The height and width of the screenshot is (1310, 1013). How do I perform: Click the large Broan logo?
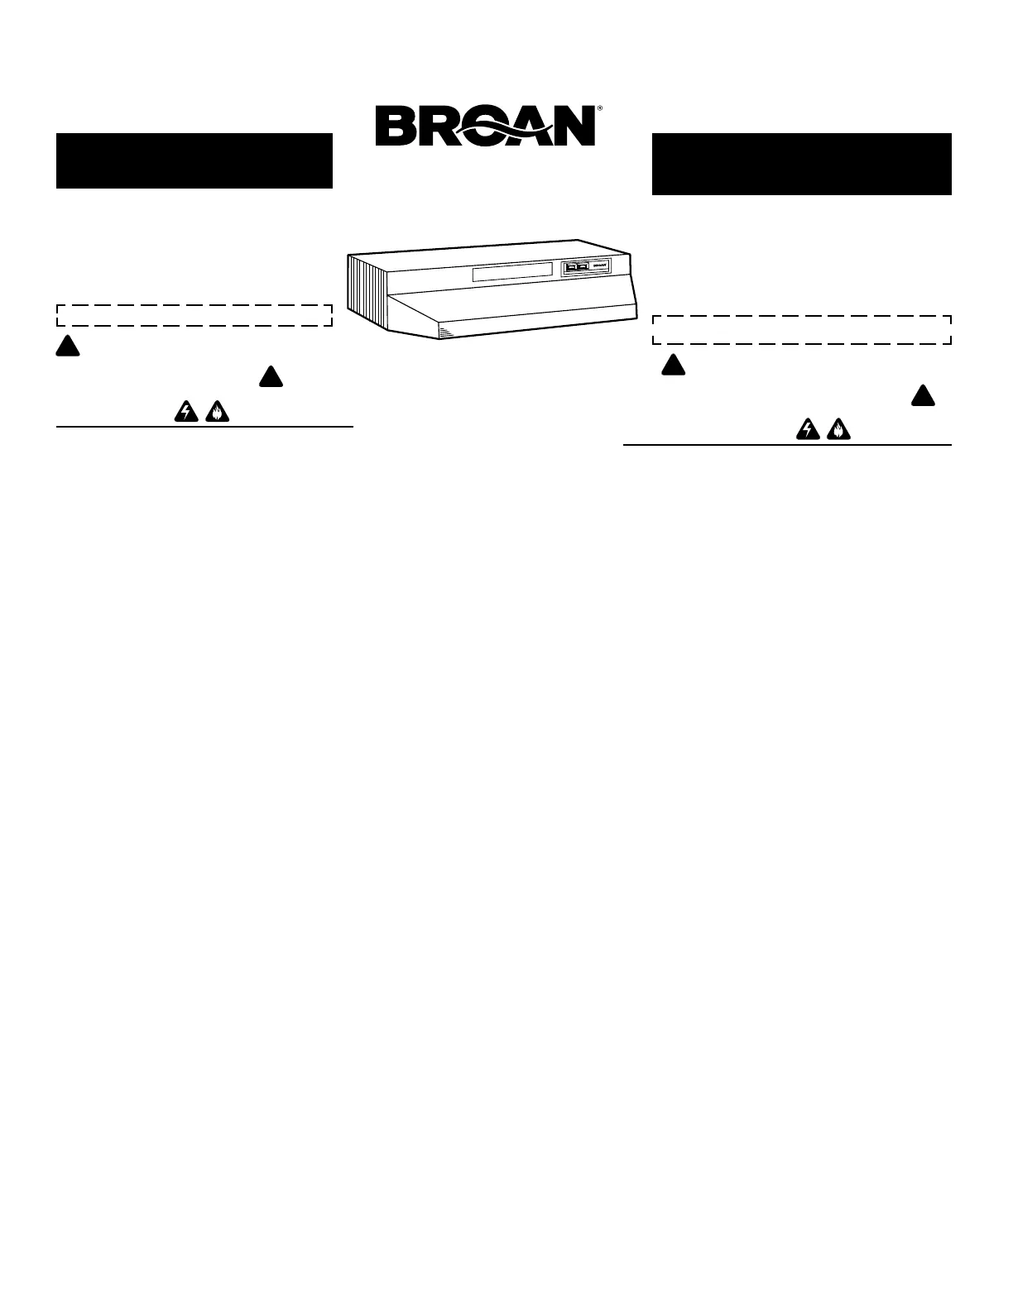[x=485, y=127]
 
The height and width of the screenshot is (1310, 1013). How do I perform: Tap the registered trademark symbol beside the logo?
[x=599, y=108]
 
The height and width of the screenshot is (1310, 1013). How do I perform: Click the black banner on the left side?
[x=194, y=160]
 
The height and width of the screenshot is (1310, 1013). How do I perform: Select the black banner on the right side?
[x=801, y=164]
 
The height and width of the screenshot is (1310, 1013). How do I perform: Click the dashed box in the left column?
[x=194, y=315]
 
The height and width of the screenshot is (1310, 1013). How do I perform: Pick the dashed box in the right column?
[x=801, y=329]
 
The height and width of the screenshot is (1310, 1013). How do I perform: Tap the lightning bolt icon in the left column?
[x=185, y=412]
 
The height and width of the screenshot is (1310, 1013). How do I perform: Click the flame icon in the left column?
[x=215, y=412]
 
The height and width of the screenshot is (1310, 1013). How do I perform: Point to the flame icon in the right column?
[x=837, y=429]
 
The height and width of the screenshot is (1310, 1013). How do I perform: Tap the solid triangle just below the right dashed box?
[x=673, y=365]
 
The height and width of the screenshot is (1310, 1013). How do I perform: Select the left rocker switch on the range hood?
[x=570, y=266]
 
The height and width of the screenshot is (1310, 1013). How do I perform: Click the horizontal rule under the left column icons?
[x=204, y=427]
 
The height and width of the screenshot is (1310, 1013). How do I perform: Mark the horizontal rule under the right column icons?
[x=786, y=445]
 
